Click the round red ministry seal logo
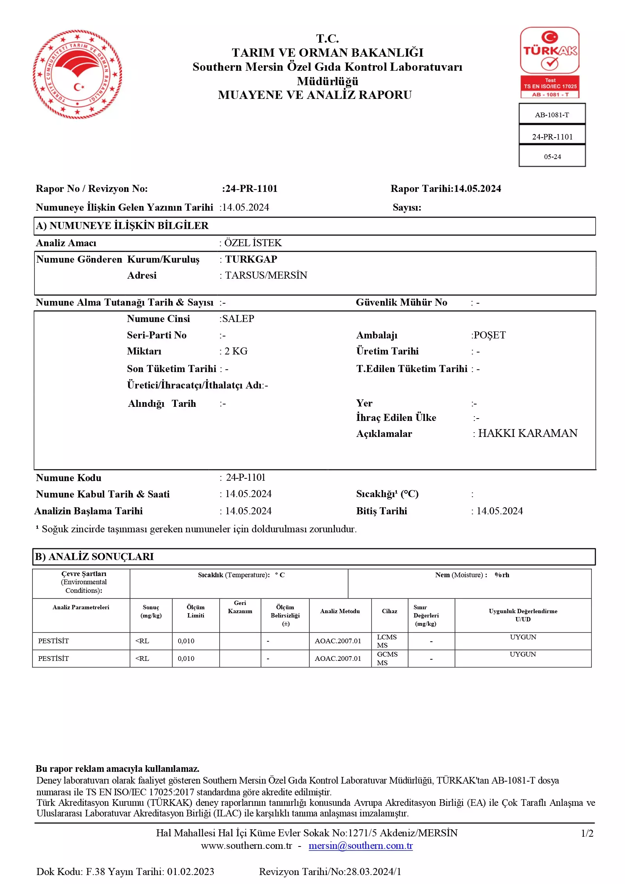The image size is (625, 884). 77,74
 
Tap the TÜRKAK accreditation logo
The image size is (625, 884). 550,62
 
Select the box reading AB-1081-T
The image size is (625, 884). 552,115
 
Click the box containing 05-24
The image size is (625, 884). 552,156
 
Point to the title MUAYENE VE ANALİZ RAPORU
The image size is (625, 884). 314,95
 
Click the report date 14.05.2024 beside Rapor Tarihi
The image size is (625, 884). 477,189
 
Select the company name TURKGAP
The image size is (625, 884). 251,259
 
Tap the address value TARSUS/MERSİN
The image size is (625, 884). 266,275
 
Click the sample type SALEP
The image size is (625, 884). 237,319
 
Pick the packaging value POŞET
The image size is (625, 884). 489,335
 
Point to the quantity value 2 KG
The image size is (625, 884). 236,351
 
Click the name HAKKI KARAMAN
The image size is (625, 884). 527,433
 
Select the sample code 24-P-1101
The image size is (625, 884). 245,477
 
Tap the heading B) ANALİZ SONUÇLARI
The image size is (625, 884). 95,557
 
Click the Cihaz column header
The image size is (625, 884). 389,611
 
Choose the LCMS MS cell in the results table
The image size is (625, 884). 386,641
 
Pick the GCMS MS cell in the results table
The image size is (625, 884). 387,658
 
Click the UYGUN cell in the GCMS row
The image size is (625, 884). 522,654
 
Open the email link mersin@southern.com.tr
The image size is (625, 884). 360,845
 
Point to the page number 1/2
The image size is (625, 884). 587,833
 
